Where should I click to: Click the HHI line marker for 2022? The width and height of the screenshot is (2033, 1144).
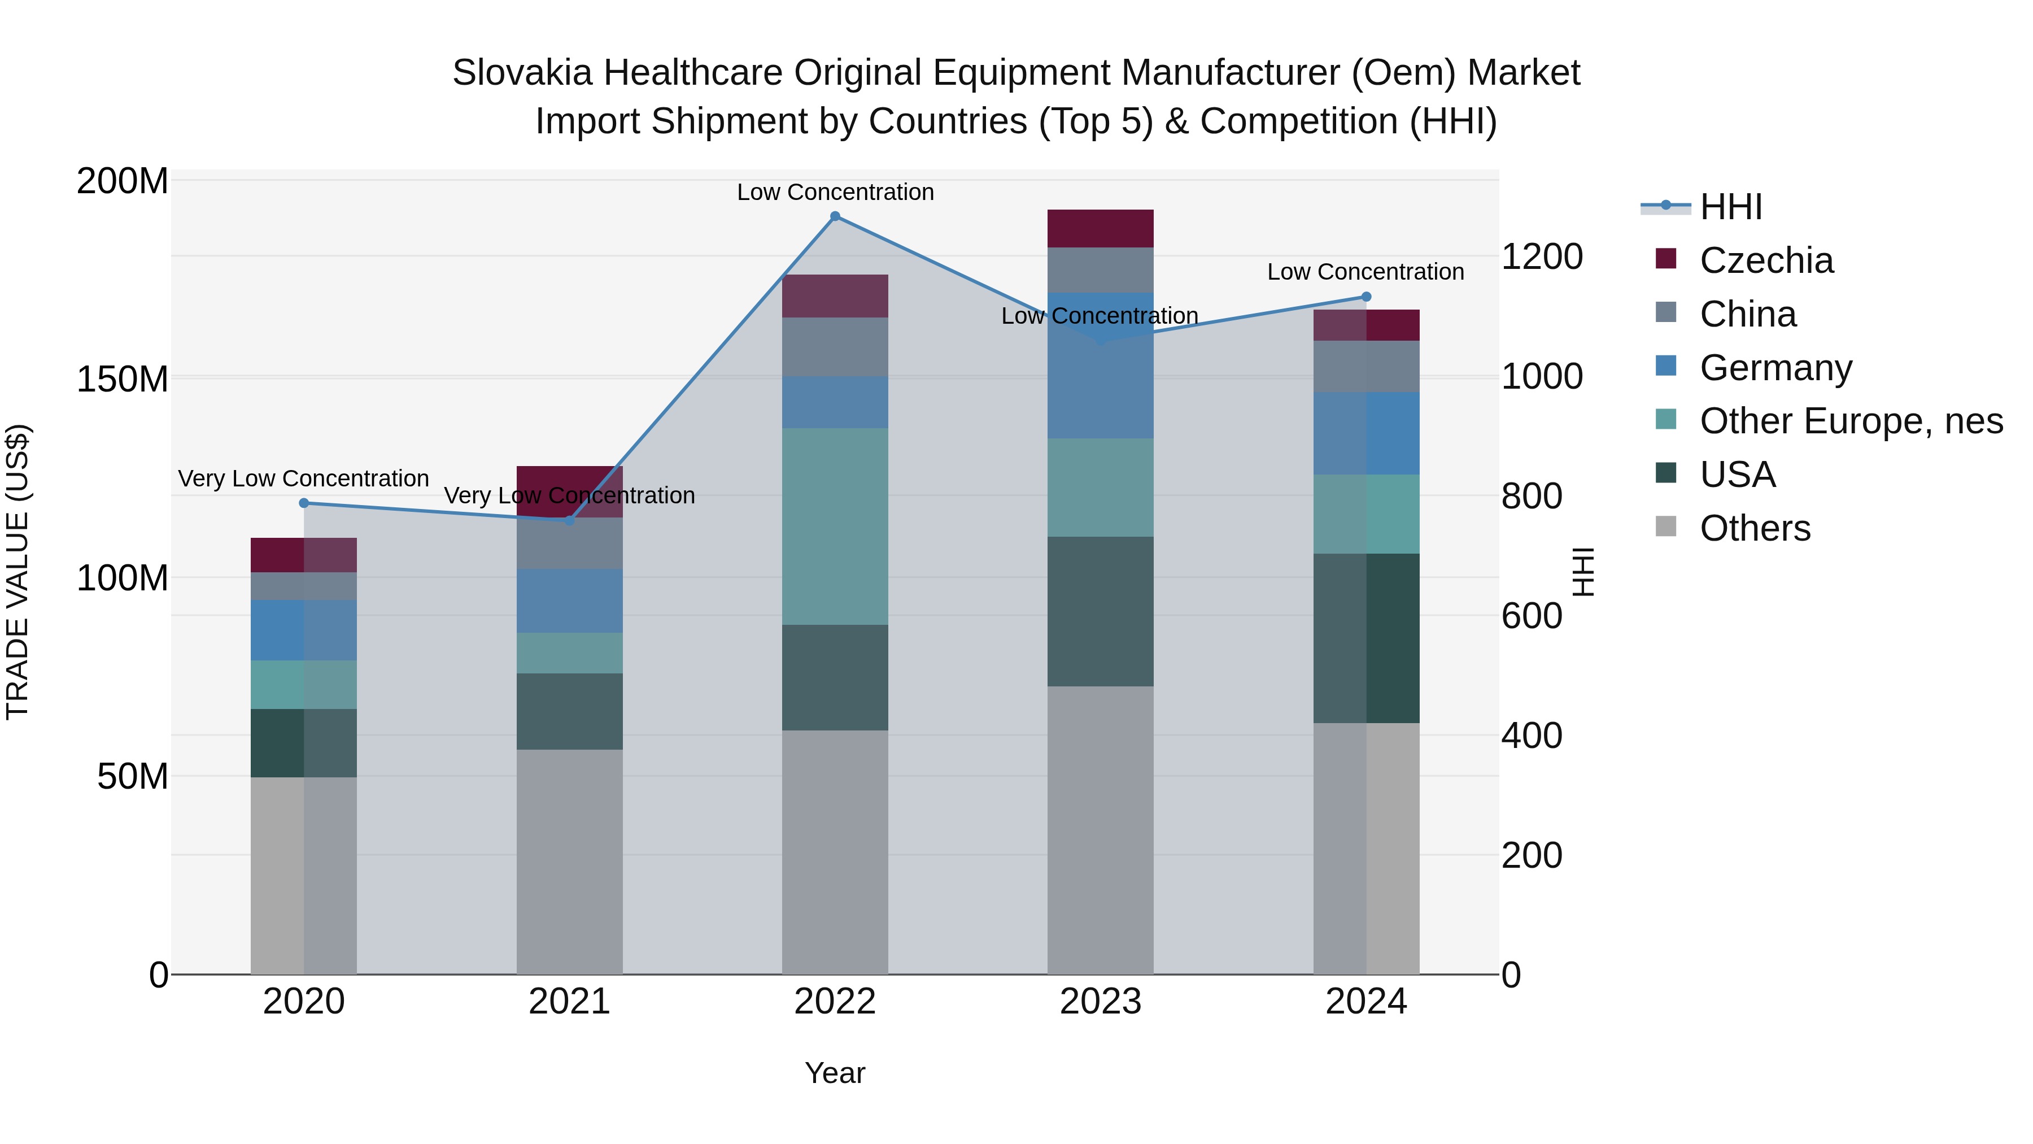[835, 216]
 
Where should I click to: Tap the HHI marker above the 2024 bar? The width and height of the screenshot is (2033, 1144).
[1366, 297]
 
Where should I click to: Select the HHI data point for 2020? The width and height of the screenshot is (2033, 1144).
[304, 503]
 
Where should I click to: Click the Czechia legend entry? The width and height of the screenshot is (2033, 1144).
[1766, 260]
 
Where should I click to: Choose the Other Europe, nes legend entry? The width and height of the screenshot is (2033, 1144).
[1851, 421]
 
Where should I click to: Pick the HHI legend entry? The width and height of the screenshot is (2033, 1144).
[1731, 207]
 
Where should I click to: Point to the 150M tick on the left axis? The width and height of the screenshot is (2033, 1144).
[123, 379]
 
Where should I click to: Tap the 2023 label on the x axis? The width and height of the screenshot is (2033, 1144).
[1100, 1002]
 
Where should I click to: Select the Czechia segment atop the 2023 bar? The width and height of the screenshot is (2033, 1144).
[1100, 228]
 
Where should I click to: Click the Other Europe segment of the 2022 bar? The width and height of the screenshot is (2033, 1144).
[835, 526]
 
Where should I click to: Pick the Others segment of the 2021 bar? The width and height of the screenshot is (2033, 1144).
[569, 860]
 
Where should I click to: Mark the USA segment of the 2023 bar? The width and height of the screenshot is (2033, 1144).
[1100, 611]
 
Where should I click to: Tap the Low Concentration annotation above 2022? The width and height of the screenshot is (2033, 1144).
[835, 192]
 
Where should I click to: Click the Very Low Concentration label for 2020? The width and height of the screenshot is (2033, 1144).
[304, 479]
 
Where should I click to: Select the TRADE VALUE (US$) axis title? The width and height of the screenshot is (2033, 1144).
[18, 572]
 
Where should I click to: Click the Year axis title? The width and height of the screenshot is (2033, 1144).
[835, 1073]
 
